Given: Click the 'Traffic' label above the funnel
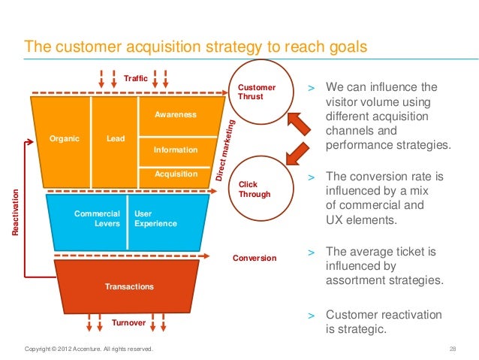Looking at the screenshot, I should [136, 78].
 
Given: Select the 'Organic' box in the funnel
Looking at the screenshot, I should [65, 138].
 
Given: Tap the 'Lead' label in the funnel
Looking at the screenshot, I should [116, 138].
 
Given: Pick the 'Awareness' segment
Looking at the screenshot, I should [176, 115].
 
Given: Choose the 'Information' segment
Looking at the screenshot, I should [176, 150].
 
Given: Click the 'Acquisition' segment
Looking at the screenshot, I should [176, 174].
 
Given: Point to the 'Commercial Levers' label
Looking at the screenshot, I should [97, 219].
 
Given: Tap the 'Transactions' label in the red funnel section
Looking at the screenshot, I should [130, 286].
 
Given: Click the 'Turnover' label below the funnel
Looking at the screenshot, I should [128, 322].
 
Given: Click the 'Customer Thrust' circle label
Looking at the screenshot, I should [256, 92].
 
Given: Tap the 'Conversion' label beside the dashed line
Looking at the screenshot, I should [255, 258].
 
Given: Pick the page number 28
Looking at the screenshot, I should [453, 349].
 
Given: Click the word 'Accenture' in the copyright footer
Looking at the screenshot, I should [89, 349].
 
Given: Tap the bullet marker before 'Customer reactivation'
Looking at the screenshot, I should [312, 315].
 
